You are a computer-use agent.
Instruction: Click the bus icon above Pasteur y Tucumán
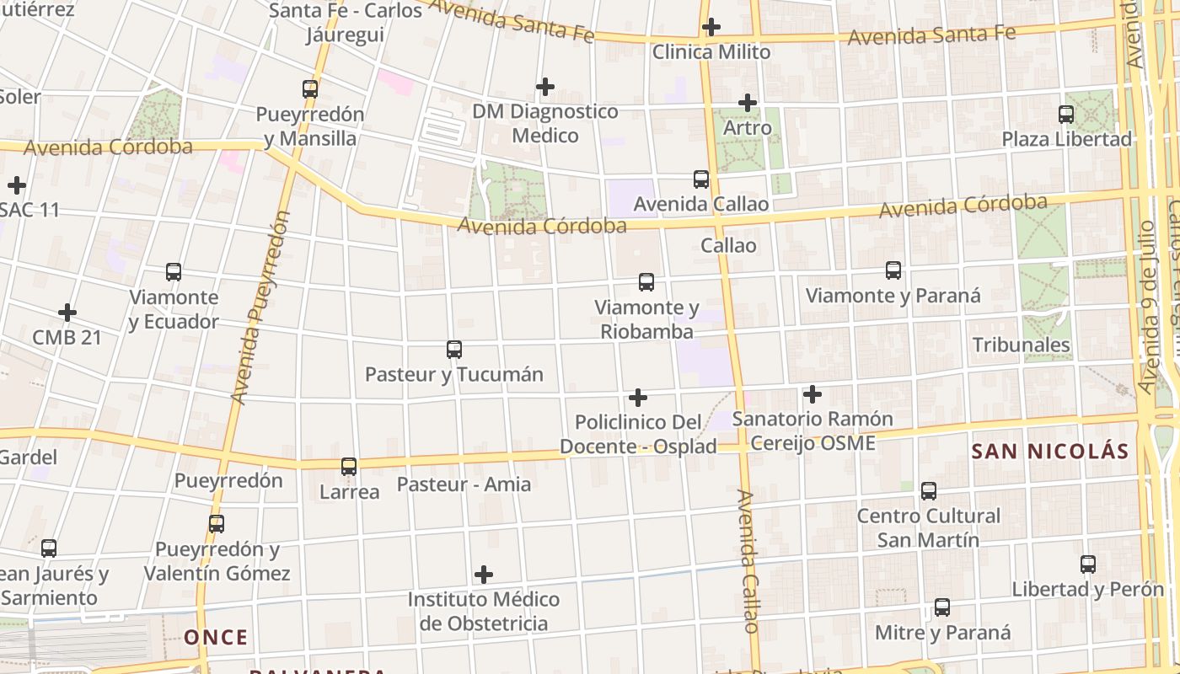click(454, 349)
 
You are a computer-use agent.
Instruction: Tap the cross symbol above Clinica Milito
click(711, 27)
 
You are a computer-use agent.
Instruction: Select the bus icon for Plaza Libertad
click(1066, 114)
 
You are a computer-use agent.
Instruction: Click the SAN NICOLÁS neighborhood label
click(1049, 451)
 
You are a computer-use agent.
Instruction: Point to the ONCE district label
click(217, 637)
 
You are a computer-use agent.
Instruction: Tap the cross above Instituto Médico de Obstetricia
click(484, 575)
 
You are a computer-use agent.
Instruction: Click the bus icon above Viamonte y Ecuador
click(174, 272)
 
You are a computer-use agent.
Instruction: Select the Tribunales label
click(1021, 345)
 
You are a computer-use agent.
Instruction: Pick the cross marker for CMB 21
click(67, 313)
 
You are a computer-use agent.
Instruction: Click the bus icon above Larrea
click(349, 466)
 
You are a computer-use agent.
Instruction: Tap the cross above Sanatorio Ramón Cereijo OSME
click(813, 393)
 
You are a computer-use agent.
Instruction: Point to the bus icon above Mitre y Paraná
click(942, 607)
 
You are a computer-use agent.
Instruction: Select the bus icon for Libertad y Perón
click(1088, 564)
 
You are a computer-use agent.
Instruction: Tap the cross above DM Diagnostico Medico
click(545, 86)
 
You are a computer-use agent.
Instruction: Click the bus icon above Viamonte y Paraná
click(893, 270)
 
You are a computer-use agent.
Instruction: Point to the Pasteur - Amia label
click(464, 484)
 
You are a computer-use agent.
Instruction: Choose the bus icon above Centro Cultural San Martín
click(929, 490)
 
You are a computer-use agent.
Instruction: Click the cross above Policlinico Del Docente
click(638, 397)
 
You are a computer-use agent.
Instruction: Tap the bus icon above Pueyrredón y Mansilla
click(310, 88)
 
